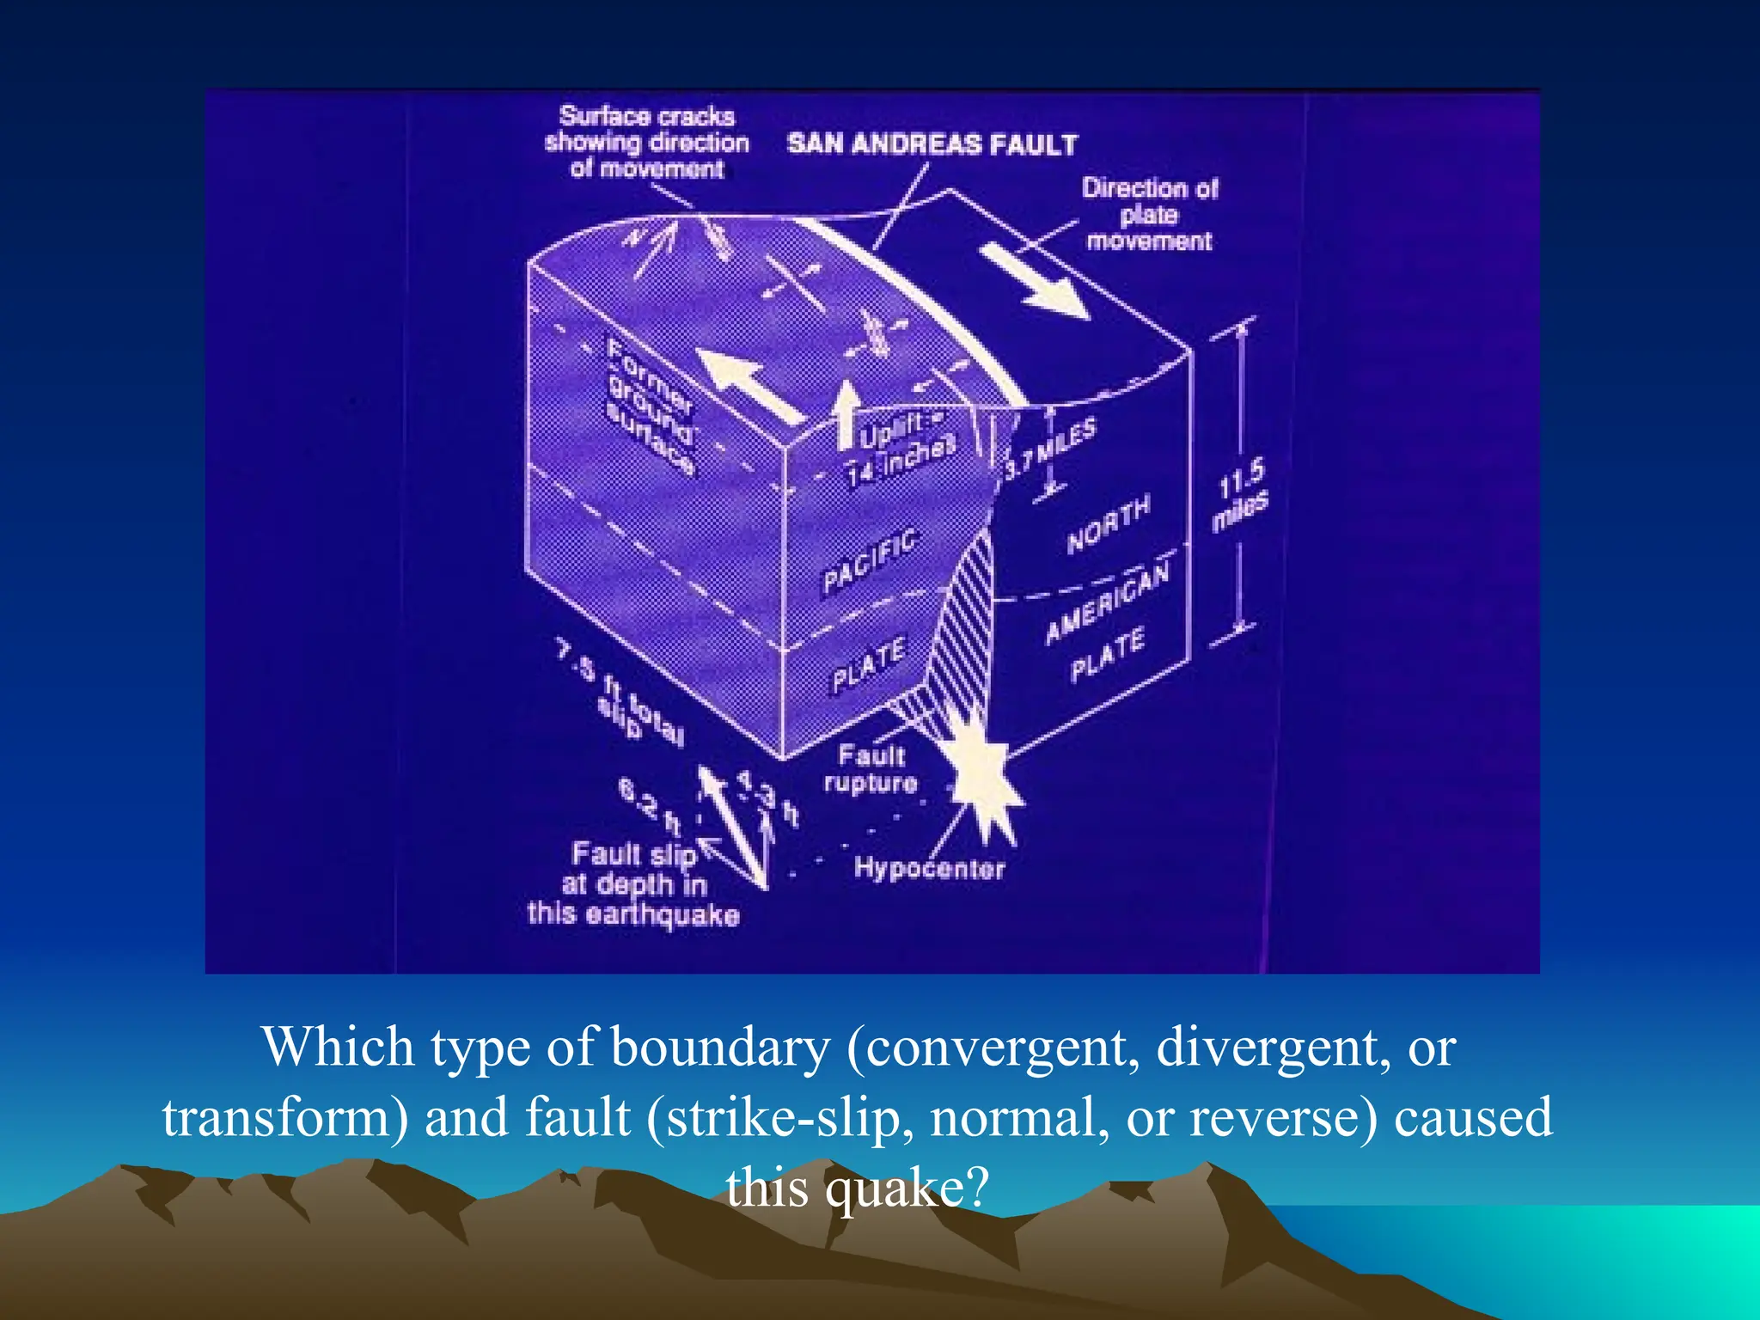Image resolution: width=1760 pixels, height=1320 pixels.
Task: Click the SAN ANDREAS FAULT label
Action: (x=932, y=144)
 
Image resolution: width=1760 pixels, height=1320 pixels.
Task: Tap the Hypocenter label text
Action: (x=929, y=868)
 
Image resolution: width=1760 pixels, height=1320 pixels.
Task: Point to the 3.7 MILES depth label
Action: (x=1050, y=449)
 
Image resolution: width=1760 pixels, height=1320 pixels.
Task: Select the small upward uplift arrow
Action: (x=847, y=413)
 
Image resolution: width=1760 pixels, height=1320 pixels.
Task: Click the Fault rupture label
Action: (x=871, y=769)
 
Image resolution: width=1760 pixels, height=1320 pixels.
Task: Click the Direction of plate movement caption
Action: (x=1149, y=214)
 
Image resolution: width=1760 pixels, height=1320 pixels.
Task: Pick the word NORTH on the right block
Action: (x=1108, y=524)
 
